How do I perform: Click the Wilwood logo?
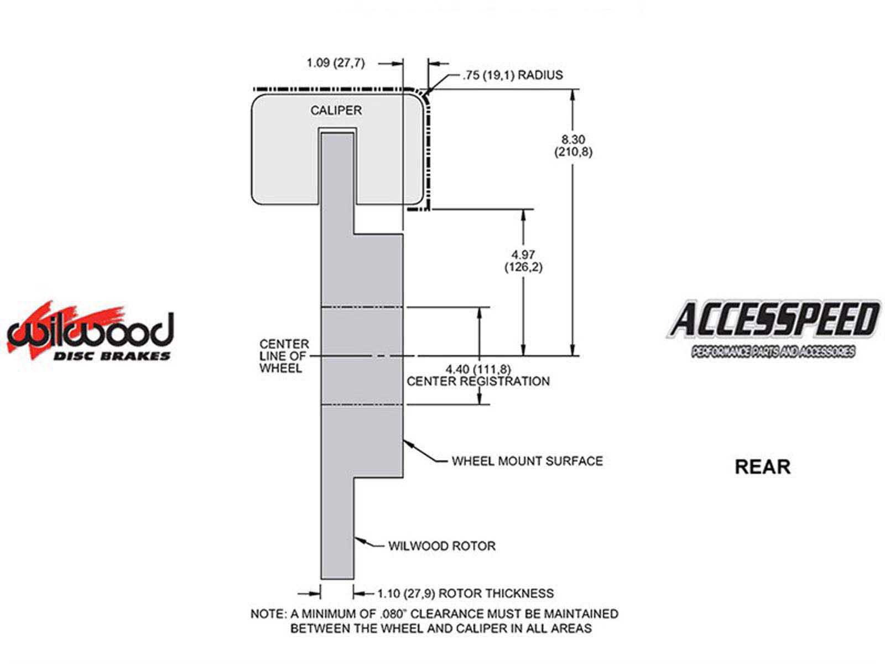pyautogui.click(x=90, y=330)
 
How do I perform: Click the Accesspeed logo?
pyautogui.click(x=773, y=329)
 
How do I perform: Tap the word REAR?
pyautogui.click(x=762, y=467)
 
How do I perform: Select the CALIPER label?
pyautogui.click(x=336, y=111)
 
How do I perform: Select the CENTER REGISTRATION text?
pyautogui.click(x=478, y=381)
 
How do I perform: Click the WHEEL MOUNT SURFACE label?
pyautogui.click(x=527, y=461)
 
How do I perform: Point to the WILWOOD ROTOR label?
pyautogui.click(x=442, y=546)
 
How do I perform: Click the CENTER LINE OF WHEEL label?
pyautogui.click(x=284, y=356)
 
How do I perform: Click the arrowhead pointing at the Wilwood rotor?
pyautogui.click(x=359, y=540)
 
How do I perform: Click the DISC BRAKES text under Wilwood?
pyautogui.click(x=112, y=356)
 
